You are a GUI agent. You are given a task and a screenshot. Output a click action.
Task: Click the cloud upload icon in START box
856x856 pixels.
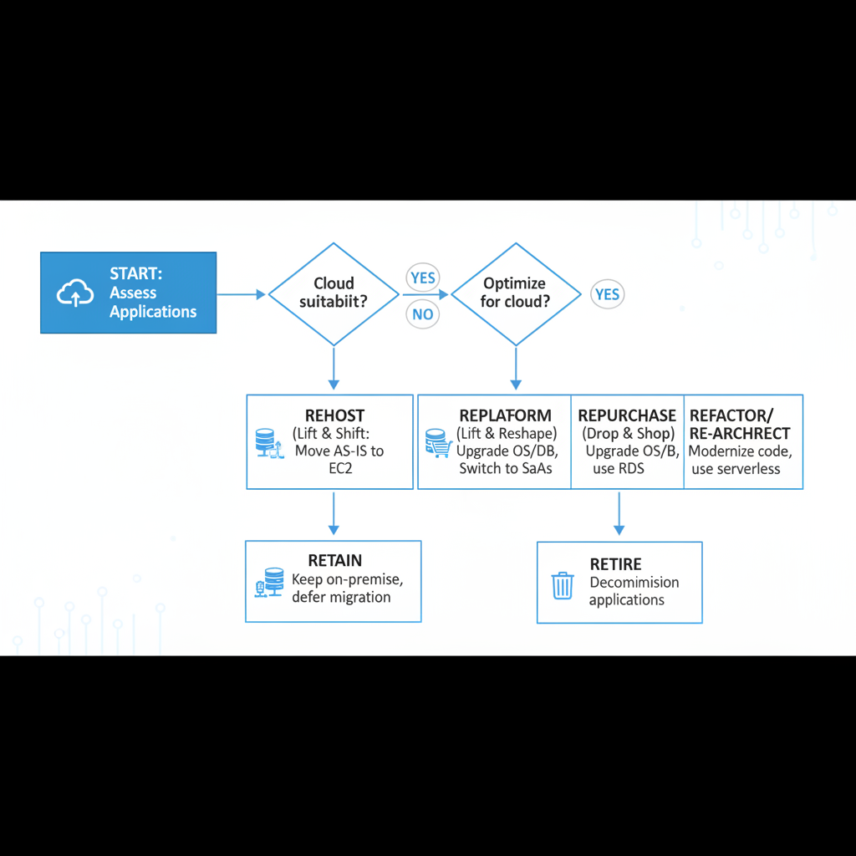click(x=75, y=293)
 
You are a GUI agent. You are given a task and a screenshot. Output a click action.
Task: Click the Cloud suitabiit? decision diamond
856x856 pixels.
click(x=334, y=293)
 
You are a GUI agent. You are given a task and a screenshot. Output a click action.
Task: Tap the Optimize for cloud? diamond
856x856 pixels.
click(x=516, y=293)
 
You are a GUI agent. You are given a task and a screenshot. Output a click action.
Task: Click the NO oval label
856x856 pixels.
click(x=423, y=314)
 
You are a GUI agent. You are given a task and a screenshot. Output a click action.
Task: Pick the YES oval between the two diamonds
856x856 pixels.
click(x=423, y=278)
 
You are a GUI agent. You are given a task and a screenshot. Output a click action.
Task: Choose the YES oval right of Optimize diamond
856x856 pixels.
click(x=607, y=294)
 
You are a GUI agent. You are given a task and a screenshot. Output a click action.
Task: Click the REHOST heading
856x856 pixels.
click(x=334, y=416)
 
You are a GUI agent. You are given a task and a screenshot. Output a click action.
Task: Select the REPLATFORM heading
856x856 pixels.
click(x=505, y=416)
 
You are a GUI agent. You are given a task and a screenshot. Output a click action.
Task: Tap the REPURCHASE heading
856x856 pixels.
click(x=627, y=416)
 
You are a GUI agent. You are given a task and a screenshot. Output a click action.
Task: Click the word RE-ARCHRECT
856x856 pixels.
click(x=740, y=434)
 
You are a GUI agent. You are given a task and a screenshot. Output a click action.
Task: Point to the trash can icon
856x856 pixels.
click(x=563, y=584)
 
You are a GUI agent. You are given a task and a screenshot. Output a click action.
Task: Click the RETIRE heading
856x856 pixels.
click(x=615, y=564)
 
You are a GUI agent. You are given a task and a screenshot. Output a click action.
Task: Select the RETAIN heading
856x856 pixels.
click(x=334, y=561)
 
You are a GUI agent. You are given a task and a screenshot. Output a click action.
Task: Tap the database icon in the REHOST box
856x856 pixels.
click(x=266, y=443)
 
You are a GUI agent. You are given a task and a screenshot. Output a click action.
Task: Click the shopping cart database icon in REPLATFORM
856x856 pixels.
click(x=437, y=443)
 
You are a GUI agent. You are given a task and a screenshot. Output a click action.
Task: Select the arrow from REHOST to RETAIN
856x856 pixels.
click(x=334, y=514)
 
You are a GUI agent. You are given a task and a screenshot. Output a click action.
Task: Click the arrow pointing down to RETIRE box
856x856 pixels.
click(x=619, y=514)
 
